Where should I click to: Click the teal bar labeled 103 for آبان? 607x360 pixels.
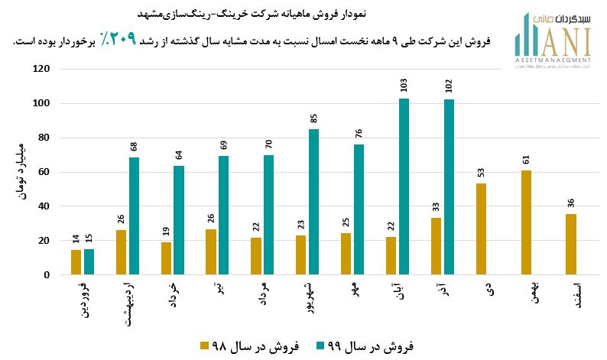[404, 186]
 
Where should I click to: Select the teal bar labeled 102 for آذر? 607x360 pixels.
[449, 187]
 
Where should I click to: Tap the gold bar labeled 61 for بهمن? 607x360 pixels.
[526, 222]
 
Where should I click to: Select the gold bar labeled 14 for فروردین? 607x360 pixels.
[76, 262]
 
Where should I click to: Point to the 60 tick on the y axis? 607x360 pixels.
[44, 172]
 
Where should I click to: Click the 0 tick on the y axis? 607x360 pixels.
[47, 275]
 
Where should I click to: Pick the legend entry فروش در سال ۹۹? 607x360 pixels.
[365, 345]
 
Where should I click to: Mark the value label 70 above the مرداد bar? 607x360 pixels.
[268, 144]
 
